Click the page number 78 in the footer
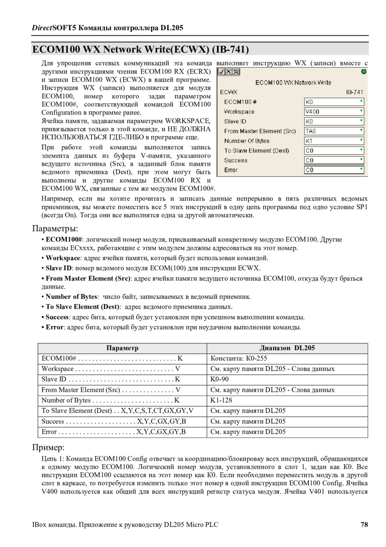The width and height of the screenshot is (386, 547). coord(364,525)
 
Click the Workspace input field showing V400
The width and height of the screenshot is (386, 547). coord(334,112)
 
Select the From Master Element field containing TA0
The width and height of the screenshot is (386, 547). coord(334,131)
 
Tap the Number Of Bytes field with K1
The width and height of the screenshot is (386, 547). coord(334,141)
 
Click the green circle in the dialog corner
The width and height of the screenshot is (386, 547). coord(364,72)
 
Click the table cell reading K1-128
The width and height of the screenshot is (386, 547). coord(220,400)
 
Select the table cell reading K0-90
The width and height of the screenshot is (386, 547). coord(220,379)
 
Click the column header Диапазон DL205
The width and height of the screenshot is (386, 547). coord(287,348)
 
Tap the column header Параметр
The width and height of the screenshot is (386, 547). coord(122,348)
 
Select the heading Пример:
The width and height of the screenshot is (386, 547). coord(48,447)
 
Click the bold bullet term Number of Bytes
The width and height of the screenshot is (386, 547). coord(71,297)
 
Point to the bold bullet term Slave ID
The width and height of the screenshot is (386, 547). coord(59,268)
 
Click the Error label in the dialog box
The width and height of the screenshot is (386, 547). coord(231,170)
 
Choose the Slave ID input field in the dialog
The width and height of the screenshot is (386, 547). coord(334,122)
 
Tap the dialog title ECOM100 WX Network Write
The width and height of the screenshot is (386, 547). coord(293,82)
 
